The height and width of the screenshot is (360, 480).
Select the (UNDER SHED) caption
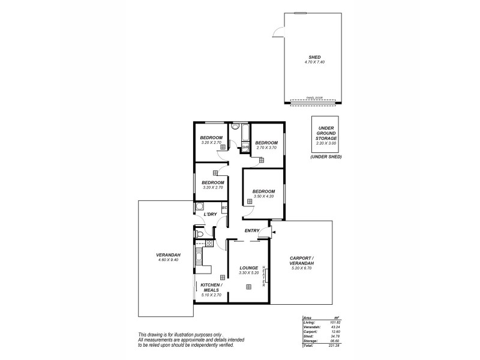coord(326,157)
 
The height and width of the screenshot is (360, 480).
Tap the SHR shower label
coord(245,147)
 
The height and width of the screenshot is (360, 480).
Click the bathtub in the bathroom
coord(238,130)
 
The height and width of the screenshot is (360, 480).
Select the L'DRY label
coord(210,214)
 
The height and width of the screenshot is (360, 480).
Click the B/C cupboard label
coord(224,208)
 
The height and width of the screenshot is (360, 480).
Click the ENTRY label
coord(251,231)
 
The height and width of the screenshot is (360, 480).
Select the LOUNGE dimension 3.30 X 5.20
coord(248,273)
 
